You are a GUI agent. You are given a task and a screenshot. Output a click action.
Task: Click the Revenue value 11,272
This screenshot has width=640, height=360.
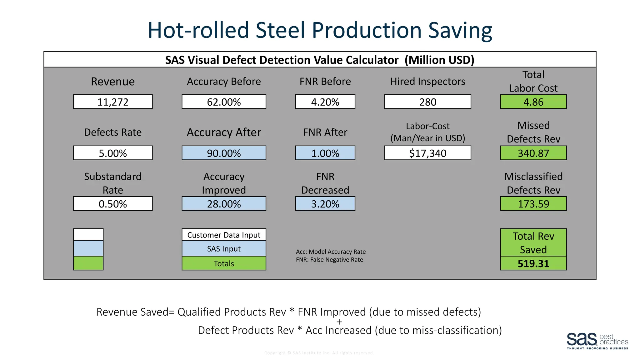(113, 102)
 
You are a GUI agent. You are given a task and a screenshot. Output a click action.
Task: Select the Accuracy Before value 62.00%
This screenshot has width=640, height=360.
(224, 102)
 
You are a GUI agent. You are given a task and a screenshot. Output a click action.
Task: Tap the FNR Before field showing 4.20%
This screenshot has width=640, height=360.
(325, 102)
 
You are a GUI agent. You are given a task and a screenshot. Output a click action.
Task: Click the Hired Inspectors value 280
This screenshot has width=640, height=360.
(427, 102)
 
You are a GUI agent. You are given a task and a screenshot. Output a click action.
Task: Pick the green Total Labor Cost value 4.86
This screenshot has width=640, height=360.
(533, 102)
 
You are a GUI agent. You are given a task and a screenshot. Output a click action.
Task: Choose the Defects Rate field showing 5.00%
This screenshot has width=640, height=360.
(113, 153)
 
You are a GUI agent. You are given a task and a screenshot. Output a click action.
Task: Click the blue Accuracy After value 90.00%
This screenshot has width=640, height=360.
(224, 153)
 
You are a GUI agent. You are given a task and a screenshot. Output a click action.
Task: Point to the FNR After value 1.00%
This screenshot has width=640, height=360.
(325, 153)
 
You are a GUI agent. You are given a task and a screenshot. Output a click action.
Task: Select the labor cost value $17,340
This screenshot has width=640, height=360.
(427, 153)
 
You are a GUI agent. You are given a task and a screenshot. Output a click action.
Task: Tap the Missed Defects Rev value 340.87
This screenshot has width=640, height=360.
(533, 153)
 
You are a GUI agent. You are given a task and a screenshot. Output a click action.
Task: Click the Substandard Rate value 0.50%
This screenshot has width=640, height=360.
(113, 204)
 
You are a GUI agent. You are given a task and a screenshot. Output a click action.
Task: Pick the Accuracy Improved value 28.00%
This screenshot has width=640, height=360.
(224, 204)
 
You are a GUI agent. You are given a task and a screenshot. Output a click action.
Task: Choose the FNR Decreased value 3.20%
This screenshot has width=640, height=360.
(325, 204)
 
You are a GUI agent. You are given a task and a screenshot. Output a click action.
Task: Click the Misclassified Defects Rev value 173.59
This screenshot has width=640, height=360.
(533, 204)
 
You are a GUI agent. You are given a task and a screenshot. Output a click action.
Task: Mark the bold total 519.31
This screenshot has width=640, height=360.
(533, 263)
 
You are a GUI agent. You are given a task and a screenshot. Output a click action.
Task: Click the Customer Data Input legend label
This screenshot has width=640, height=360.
(224, 235)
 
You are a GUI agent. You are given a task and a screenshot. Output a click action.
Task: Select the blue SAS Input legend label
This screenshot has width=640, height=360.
(224, 249)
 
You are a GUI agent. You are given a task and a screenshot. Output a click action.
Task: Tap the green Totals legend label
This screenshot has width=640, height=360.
(224, 263)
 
